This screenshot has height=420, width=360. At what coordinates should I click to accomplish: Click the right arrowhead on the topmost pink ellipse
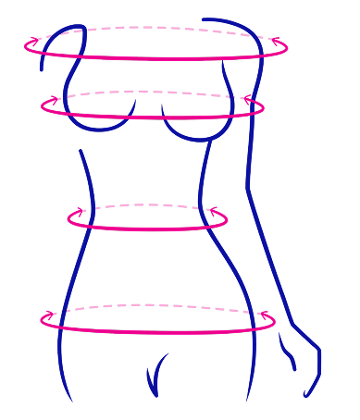[x=274, y=40]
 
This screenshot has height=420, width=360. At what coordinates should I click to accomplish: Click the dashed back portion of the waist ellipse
[x=148, y=204]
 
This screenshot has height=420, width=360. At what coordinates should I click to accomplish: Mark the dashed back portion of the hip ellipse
[x=157, y=304]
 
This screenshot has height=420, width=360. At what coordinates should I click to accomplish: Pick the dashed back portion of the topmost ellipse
[x=157, y=29]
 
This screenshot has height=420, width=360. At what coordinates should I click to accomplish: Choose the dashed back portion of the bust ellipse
[x=153, y=93]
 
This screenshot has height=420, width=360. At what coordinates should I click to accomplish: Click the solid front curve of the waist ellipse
[x=148, y=229]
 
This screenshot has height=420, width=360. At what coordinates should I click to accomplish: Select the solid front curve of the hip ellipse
[x=157, y=332]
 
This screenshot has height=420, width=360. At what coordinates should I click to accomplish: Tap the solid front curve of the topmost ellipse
[x=157, y=58]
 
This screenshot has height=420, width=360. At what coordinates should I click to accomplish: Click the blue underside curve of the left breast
[x=102, y=129]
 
